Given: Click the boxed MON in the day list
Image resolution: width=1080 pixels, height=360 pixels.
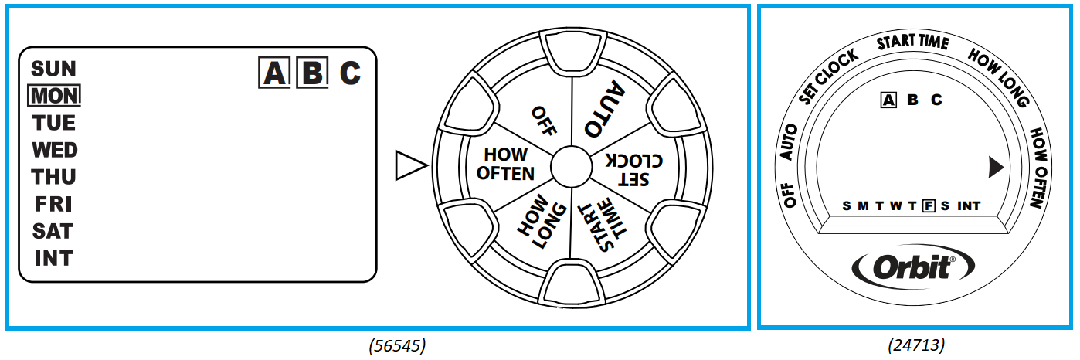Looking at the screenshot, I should tap(54, 96).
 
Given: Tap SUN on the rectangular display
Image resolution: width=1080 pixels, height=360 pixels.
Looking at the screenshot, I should tap(54, 69).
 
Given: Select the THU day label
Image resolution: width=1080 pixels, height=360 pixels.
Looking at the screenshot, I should tap(54, 177).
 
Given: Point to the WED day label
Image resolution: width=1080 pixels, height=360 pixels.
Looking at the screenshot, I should tap(54, 150).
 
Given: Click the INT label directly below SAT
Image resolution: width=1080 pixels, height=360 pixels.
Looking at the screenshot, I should tap(54, 258).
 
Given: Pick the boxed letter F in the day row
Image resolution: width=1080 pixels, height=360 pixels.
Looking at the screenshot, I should tap(929, 205).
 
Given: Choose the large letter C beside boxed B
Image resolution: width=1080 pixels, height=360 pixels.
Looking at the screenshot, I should tap(350, 73).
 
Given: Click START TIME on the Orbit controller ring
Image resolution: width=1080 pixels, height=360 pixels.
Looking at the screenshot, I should tap(912, 42).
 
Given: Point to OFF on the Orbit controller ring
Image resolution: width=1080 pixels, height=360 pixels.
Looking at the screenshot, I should tap(790, 193).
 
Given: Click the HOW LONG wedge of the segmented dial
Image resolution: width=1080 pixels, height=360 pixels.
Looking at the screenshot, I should tap(534, 222).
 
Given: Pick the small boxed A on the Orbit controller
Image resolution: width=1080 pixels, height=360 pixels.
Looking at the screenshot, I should tap(888, 100).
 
